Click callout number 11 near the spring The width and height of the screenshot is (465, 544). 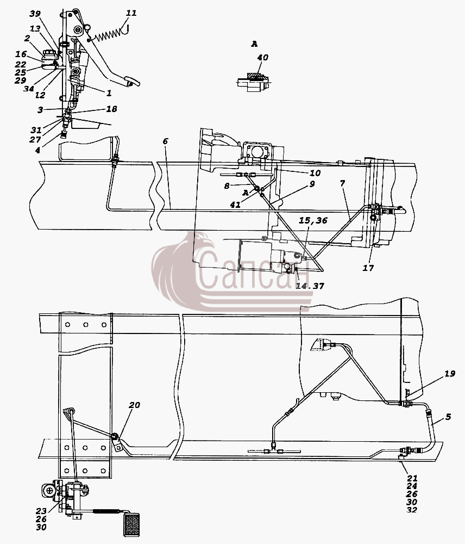tap(131, 13)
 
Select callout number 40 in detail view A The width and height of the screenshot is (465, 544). tap(262, 58)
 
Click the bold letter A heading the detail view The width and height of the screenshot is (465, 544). tap(254, 44)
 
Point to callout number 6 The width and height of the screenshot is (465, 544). tap(165, 141)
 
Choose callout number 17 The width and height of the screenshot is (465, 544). tap(368, 268)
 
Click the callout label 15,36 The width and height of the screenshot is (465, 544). tap(313, 221)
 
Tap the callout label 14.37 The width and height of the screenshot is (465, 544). tap(310, 286)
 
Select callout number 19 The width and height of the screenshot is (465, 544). tap(449, 374)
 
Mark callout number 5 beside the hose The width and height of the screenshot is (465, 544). tap(448, 417)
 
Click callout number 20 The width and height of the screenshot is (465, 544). tap(134, 405)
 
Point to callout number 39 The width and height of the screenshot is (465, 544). tap(35, 14)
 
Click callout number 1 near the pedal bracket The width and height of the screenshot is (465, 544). tap(109, 93)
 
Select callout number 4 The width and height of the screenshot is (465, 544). tap(37, 151)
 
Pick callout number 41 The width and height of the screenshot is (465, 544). tap(235, 205)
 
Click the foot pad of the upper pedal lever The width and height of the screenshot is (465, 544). tap(133, 82)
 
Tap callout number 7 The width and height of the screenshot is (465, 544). tap(342, 183)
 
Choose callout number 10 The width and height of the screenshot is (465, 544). tap(315, 173)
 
